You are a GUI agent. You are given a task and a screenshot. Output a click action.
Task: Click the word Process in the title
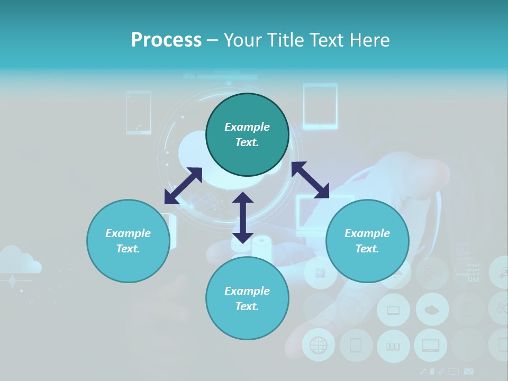click(x=166, y=40)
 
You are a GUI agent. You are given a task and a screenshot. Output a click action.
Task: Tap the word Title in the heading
click(x=283, y=40)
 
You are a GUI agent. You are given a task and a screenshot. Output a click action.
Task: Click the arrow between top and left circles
click(x=183, y=186)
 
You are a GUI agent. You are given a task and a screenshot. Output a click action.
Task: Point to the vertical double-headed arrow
click(x=242, y=217)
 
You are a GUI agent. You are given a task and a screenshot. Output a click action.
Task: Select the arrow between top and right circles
click(x=310, y=180)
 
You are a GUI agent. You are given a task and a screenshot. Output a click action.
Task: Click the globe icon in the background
click(x=319, y=345)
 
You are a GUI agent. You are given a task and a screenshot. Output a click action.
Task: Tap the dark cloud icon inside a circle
click(x=432, y=310)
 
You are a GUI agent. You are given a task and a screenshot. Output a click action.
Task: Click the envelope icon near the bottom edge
click(x=469, y=372)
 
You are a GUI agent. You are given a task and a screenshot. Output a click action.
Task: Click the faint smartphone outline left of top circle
click(x=139, y=112)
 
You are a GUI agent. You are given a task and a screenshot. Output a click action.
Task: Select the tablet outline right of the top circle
click(x=320, y=106)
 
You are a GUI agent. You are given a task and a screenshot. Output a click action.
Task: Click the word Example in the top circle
click(x=247, y=127)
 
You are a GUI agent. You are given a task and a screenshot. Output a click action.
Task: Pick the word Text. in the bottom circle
click(x=247, y=306)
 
